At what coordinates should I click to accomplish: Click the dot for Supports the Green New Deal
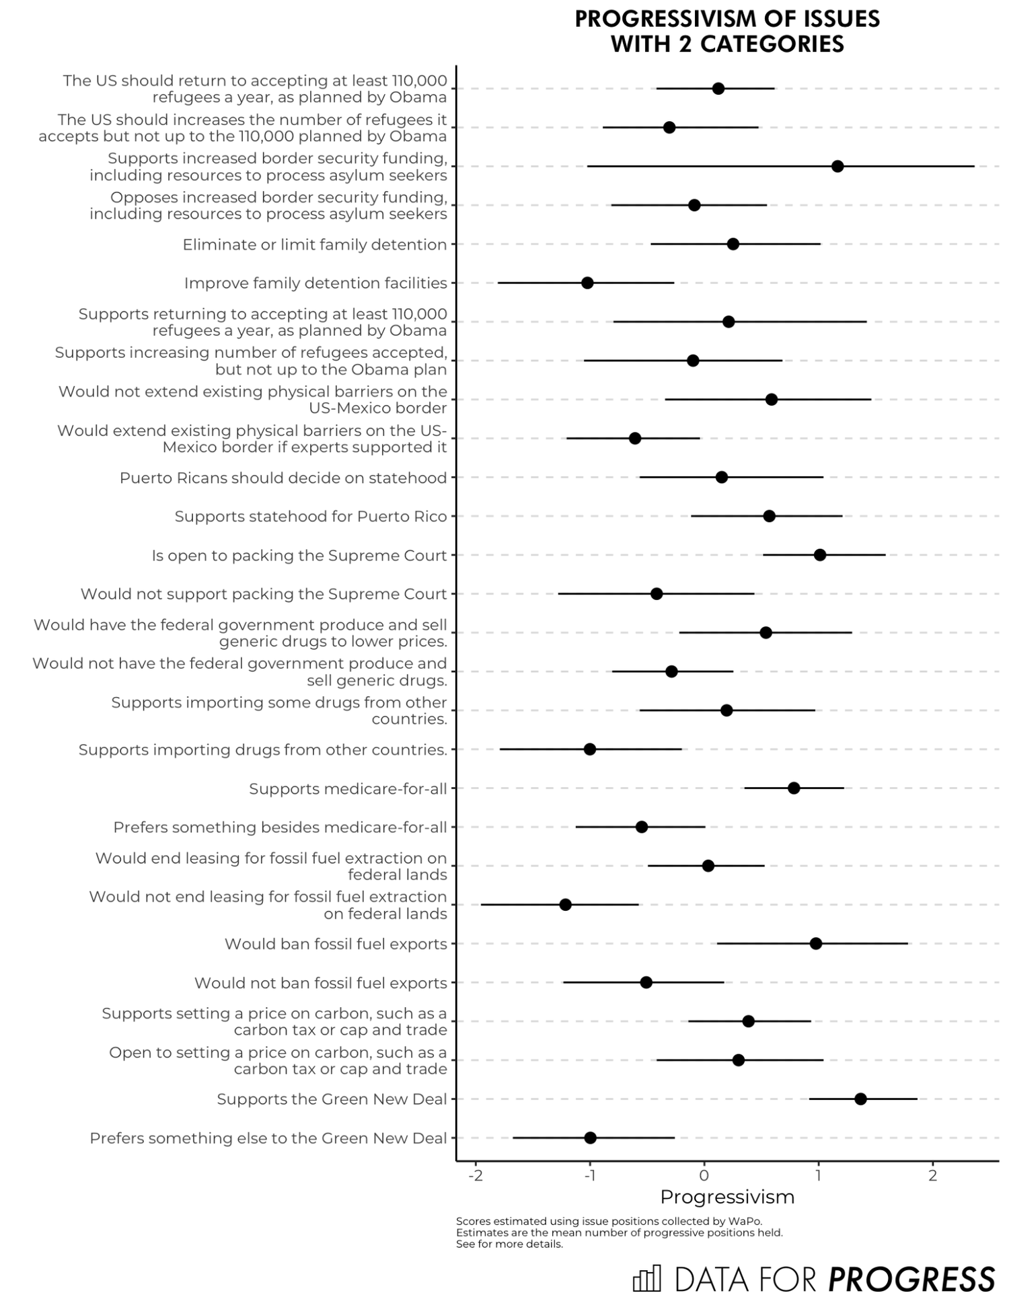click(x=860, y=1099)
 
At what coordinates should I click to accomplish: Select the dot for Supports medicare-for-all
click(x=794, y=788)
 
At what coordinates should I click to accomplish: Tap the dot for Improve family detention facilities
click(x=587, y=283)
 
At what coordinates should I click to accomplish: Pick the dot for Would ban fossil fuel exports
click(x=816, y=944)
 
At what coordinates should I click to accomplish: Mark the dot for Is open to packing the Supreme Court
click(x=820, y=555)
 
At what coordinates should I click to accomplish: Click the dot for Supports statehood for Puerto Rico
click(x=770, y=516)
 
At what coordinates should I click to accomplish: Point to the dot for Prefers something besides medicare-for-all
click(x=642, y=827)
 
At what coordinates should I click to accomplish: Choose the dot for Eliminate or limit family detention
click(x=733, y=244)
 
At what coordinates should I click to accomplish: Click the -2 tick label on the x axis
click(x=476, y=1176)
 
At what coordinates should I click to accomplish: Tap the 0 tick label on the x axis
click(x=704, y=1176)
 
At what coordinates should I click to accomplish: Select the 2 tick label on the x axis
click(x=932, y=1176)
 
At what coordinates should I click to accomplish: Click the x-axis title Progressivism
click(x=727, y=1197)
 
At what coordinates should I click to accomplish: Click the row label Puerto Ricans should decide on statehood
click(x=283, y=478)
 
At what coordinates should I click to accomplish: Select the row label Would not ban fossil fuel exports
click(x=321, y=983)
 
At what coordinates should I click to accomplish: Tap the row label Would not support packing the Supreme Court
click(x=264, y=594)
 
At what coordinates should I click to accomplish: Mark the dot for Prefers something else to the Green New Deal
click(x=591, y=1138)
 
